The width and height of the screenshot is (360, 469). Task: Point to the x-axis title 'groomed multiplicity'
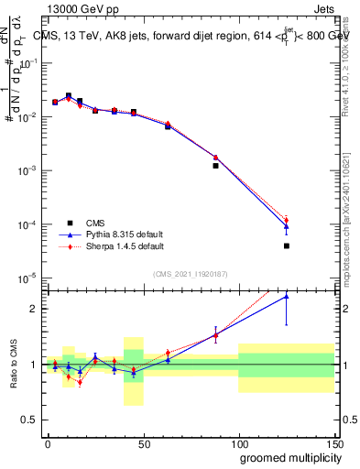point(287,457)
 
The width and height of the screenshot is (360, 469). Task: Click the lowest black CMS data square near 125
point(287,245)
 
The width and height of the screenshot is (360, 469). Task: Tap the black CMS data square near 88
point(215,166)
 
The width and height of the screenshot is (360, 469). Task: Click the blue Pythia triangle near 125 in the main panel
point(287,225)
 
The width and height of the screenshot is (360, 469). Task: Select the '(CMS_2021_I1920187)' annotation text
point(190,273)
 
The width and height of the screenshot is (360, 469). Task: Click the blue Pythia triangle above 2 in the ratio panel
point(287,296)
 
